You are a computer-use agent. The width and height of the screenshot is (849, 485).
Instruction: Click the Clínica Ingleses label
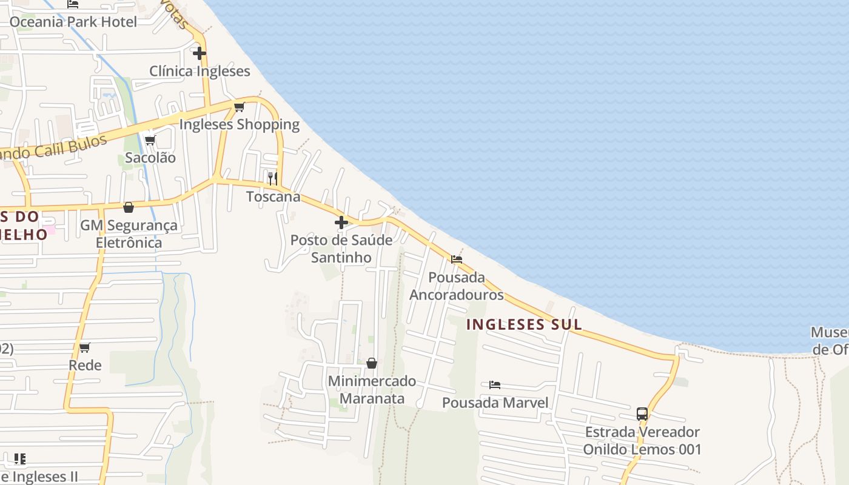[200, 71]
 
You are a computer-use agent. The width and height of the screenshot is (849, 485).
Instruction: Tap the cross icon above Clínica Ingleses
[200, 53]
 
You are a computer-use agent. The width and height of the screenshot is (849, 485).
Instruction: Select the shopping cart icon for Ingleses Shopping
[239, 107]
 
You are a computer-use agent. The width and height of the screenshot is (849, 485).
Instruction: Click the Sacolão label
[150, 158]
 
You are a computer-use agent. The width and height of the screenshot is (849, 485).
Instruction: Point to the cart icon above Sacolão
[150, 141]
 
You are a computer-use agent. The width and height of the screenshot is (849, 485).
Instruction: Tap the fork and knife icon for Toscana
[273, 178]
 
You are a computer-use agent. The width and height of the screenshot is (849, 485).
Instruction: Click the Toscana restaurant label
[273, 196]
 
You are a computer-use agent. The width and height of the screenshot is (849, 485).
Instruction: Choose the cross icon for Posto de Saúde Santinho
[341, 222]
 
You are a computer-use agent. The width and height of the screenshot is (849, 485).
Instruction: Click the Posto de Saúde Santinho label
[341, 249]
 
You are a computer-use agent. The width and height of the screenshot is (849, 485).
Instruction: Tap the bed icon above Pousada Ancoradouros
[457, 259]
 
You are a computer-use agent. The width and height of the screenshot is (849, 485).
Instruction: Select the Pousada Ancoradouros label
[457, 286]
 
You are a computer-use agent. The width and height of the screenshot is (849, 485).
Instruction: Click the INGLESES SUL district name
[524, 324]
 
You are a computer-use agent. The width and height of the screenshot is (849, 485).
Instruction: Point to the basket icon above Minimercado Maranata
[372, 363]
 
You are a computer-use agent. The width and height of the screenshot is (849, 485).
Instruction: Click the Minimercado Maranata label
[372, 390]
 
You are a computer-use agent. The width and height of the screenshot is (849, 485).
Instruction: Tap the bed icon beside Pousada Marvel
[495, 385]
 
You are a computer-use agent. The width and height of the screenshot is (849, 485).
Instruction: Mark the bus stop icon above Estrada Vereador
[642, 414]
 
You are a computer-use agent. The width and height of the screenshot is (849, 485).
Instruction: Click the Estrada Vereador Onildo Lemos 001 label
[642, 441]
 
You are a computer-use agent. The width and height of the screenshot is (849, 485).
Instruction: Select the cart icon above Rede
[85, 348]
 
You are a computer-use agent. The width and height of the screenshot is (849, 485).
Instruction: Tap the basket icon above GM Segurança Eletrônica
[129, 207]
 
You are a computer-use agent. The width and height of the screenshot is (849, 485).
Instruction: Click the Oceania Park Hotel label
[73, 22]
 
